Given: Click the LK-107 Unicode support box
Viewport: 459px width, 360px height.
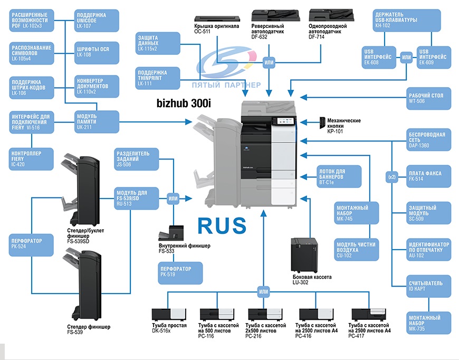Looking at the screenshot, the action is point(97,21).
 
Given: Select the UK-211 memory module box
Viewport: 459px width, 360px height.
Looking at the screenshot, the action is point(97,122).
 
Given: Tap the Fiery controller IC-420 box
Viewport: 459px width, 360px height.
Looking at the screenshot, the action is point(31,159).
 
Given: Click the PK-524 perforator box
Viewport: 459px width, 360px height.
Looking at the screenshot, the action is point(31,245).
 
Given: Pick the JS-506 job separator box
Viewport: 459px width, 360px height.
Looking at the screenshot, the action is point(137,159).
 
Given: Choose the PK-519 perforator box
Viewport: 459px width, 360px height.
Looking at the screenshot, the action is point(180,273).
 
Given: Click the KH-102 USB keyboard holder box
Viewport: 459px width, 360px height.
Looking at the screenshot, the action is point(407,20).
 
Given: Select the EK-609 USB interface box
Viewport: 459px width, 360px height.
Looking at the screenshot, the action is point(434,58).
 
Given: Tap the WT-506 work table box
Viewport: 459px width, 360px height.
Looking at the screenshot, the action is point(429,98).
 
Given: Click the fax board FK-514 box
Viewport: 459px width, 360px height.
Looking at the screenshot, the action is point(429,176).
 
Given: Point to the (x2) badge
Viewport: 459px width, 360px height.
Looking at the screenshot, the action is point(392,177).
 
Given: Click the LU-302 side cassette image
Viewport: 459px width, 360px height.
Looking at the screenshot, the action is point(304,255).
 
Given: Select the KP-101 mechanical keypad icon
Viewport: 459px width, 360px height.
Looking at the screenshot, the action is point(322,123).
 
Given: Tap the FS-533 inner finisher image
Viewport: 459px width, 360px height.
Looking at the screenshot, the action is point(171,233).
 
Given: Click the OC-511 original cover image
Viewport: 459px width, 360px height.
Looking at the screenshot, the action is point(217,18).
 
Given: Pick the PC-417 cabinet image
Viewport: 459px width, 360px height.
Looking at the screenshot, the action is point(369,314).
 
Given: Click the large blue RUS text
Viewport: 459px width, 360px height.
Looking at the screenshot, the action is point(222,225).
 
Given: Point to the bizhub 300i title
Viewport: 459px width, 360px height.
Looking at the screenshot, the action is point(184,103).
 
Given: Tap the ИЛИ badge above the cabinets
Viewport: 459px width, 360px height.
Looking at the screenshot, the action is point(263,291).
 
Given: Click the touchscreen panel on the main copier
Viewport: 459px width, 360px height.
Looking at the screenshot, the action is point(283,121).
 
